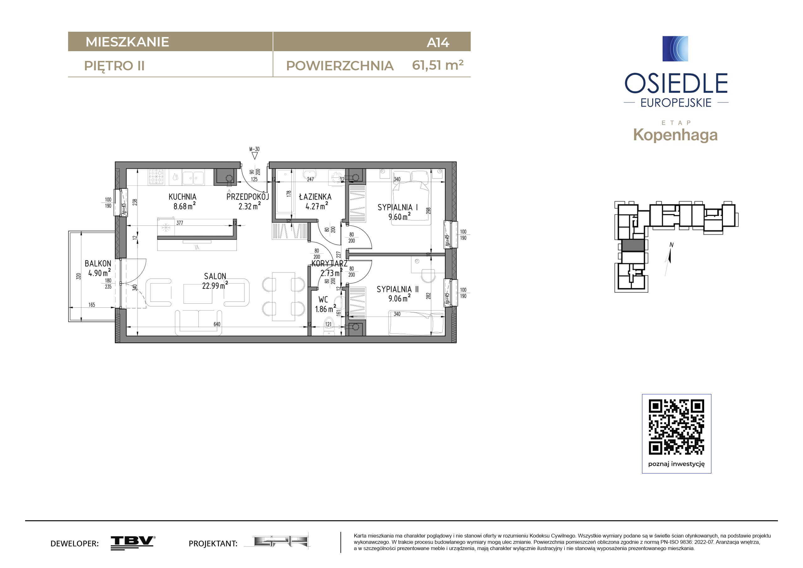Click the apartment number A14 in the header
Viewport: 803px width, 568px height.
[437, 43]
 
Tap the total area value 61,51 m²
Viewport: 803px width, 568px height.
[437, 65]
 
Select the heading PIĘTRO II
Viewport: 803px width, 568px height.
[114, 66]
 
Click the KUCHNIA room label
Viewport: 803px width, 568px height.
[182, 197]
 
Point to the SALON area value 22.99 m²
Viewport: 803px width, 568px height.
[214, 286]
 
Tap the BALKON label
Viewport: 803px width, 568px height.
[98, 263]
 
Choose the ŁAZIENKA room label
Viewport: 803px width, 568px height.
[315, 197]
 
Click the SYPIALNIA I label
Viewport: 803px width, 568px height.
[398, 207]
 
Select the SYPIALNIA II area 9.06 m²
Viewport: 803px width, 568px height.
[399, 298]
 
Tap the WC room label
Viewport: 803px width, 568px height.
[323, 300]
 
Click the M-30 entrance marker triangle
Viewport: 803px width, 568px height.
[254, 156]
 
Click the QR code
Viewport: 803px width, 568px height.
[677, 427]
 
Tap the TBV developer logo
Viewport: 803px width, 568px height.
[133, 543]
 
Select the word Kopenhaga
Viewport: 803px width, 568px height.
[675, 135]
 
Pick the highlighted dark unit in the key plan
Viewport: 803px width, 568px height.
[633, 245]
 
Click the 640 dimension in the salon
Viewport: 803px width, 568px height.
[217, 324]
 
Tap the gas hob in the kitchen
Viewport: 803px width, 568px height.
[156, 177]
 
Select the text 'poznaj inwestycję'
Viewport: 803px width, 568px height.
[677, 464]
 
